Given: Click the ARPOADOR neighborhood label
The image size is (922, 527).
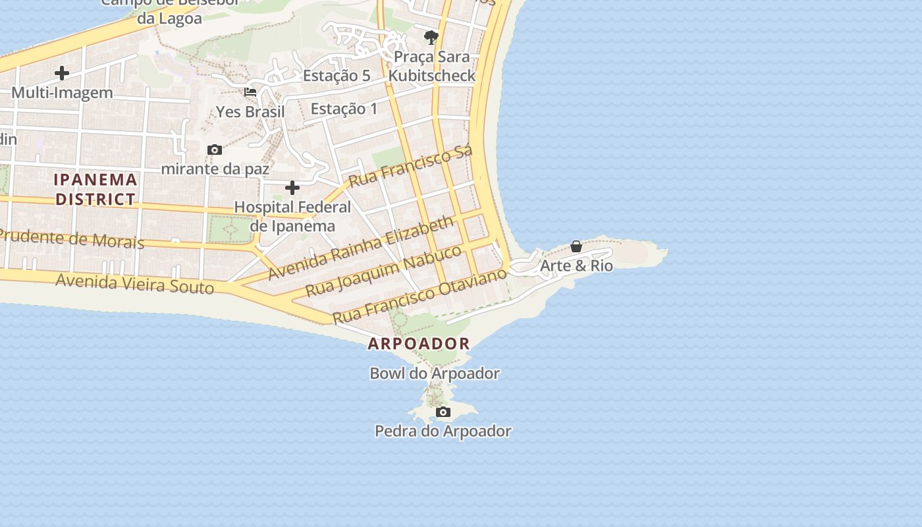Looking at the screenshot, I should click(419, 343).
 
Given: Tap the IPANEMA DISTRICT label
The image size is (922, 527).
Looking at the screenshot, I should click(95, 189).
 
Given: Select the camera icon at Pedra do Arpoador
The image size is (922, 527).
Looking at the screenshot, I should click(443, 412).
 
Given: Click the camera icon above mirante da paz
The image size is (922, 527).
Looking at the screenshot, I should click(214, 150).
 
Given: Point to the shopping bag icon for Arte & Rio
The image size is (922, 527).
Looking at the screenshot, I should click(576, 246).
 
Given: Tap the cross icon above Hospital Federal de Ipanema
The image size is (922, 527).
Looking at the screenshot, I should click(292, 188).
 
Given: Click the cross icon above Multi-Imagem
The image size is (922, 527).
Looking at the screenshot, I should click(62, 73).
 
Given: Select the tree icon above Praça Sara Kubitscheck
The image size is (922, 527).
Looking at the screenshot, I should click(431, 37).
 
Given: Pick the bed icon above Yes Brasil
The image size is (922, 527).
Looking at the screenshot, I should click(250, 92).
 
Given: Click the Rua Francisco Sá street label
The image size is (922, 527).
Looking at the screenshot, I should click(410, 166).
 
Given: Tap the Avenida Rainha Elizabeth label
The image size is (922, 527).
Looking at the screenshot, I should click(361, 248).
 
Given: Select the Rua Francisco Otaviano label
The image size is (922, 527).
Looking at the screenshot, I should click(420, 296).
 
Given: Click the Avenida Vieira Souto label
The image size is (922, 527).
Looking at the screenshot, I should click(134, 283).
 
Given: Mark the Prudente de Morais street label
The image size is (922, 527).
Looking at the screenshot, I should click(71, 238).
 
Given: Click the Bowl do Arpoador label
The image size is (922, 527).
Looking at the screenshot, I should click(435, 374).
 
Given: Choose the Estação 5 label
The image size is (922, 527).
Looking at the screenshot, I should click(337, 76).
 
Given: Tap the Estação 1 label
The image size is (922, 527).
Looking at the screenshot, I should click(344, 109).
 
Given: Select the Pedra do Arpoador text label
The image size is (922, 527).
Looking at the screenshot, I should click(443, 431).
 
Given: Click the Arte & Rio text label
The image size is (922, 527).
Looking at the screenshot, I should click(576, 266).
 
